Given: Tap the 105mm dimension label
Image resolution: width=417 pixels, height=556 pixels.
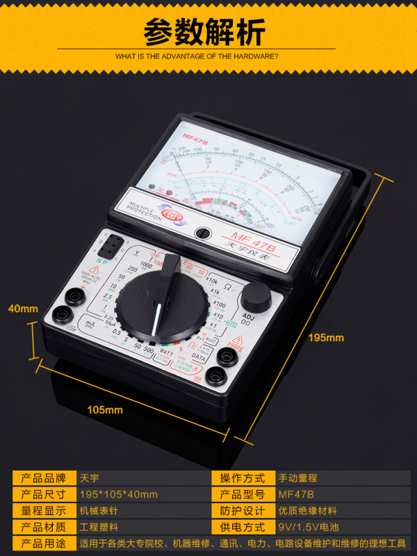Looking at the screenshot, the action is [105, 409].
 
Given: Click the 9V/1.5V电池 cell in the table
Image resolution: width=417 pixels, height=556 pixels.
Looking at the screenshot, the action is [306, 528].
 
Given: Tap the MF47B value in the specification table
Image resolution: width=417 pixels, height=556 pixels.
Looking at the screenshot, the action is [296, 495].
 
